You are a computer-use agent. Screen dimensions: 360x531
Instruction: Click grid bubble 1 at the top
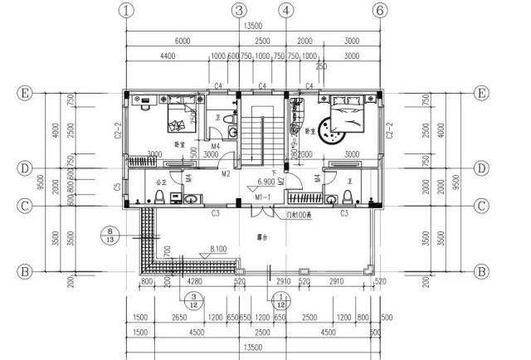pos(125,11)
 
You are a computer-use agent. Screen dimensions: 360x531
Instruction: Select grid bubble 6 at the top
pos(380,11)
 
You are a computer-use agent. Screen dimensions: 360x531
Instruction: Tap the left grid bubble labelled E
pos(25,93)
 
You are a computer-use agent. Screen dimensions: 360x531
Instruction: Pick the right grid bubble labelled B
pos(480,271)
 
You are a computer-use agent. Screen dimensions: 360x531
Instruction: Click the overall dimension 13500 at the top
pos(253,27)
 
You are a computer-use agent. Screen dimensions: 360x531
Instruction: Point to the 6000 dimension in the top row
pos(182,41)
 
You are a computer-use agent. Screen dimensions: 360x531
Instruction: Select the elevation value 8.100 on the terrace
pos(219,248)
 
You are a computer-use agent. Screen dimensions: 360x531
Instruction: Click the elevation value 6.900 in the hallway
pos(266,181)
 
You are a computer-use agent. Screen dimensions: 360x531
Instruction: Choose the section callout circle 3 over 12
pos(193,300)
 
